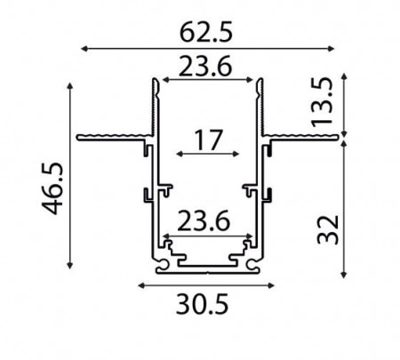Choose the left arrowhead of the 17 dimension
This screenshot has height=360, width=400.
click(179, 155)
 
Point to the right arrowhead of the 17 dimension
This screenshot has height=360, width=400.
click(237, 155)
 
